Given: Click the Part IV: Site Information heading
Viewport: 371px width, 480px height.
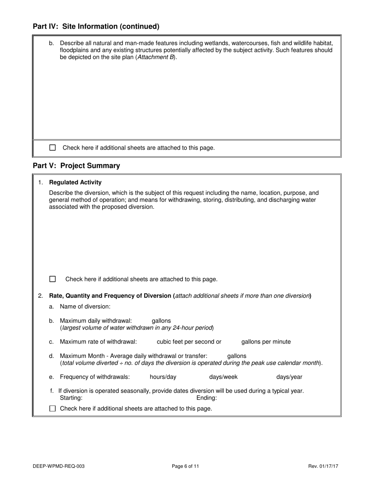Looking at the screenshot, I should click(x=96, y=27).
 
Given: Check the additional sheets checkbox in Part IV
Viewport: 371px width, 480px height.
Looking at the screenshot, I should click(x=53, y=148).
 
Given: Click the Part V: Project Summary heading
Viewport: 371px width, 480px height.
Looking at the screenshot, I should click(x=77, y=165).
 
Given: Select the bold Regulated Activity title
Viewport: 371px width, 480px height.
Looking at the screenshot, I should click(x=75, y=182).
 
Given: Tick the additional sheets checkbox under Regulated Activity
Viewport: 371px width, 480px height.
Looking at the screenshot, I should click(x=53, y=279).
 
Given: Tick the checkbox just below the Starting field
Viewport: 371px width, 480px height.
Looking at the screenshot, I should click(x=53, y=409).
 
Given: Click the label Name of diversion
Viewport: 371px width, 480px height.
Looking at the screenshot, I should click(x=85, y=306).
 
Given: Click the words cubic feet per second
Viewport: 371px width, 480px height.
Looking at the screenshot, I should click(x=189, y=341).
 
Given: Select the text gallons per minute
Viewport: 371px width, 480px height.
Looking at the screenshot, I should click(x=266, y=341).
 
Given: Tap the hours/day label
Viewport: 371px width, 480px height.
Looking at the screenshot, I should click(x=163, y=377).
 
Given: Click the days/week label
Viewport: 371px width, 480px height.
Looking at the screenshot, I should click(x=223, y=377).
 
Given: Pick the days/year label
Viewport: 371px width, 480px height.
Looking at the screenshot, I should click(x=289, y=377).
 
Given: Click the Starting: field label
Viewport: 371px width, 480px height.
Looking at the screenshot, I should click(x=71, y=398).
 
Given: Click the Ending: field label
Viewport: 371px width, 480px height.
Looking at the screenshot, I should click(x=207, y=398).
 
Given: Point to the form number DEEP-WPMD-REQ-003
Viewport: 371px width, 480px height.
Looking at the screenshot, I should click(x=59, y=466).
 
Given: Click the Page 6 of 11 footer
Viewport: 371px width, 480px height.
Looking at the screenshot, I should click(x=185, y=466).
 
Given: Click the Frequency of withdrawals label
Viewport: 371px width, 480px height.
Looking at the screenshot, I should click(x=95, y=377).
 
